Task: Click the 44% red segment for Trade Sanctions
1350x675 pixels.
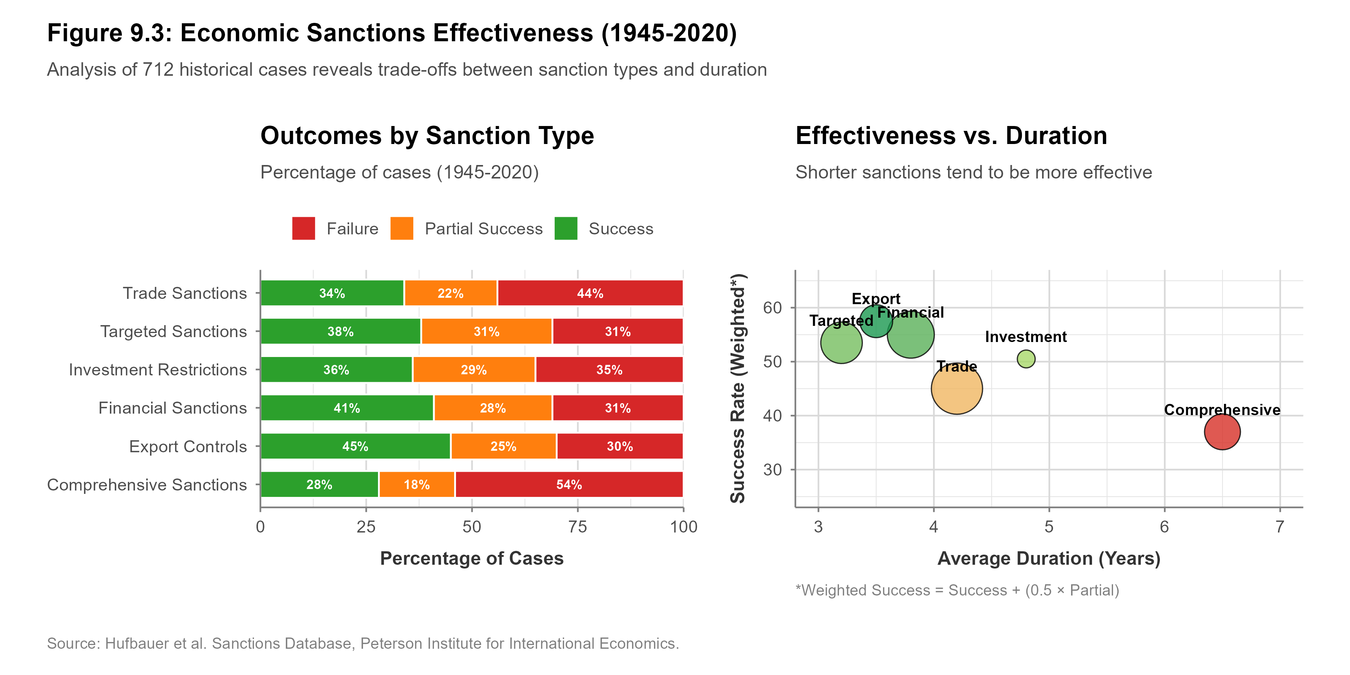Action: (x=590, y=293)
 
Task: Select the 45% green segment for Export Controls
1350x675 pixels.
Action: (x=355, y=447)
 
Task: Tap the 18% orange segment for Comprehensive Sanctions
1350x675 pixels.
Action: (x=417, y=485)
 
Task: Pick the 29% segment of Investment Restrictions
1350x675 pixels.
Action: (x=474, y=370)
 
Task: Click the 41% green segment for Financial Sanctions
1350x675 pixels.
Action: (x=347, y=408)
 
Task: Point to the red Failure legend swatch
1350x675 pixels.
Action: (x=303, y=228)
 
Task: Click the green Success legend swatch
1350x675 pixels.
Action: (x=565, y=228)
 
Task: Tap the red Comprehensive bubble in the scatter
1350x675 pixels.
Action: (x=1222, y=432)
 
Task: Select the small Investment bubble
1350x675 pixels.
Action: (x=1026, y=359)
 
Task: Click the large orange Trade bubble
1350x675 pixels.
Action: (x=956, y=389)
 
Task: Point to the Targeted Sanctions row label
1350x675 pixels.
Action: (x=174, y=332)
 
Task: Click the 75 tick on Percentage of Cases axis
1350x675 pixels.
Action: (x=577, y=527)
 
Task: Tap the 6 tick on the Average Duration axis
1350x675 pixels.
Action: (x=1164, y=527)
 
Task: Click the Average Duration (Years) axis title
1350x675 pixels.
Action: (x=1048, y=559)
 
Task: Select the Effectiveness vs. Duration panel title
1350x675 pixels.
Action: (x=951, y=136)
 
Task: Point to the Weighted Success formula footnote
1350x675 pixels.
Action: (x=957, y=591)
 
